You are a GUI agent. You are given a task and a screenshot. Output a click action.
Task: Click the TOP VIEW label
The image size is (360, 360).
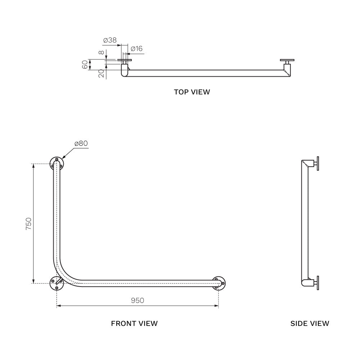click(192, 92)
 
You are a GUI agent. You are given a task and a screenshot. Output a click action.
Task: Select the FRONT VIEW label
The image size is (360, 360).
click(134, 323)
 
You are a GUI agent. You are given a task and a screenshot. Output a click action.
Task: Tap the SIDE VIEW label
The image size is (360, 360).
click(310, 323)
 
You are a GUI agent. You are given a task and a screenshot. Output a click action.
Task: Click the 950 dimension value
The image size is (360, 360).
click(137, 300)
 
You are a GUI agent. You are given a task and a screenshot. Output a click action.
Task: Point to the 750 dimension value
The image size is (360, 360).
click(28, 224)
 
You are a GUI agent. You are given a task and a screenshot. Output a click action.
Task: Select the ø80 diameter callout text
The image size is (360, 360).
click(81, 143)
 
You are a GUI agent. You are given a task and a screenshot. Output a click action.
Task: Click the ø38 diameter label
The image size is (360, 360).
click(110, 40)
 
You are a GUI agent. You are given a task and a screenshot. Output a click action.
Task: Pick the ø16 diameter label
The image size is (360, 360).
click(136, 49)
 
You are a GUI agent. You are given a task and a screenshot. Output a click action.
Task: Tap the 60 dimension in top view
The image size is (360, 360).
click(85, 65)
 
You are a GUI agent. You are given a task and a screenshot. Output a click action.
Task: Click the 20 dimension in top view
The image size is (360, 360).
click(101, 73)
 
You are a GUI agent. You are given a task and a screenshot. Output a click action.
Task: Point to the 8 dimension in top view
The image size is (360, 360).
click(102, 53)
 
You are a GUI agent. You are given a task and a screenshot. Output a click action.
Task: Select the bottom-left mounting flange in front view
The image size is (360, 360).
click(57, 283)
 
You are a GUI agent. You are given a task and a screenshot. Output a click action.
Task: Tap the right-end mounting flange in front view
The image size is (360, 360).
click(219, 283)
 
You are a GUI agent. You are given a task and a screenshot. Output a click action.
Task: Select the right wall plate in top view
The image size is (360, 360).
click(287, 60)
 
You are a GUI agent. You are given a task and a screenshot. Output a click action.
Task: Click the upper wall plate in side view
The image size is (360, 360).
click(317, 164)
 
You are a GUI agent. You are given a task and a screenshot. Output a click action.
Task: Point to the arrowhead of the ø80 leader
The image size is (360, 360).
click(63, 158)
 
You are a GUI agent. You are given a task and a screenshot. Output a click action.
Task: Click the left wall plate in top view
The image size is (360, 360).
click(125, 60)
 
